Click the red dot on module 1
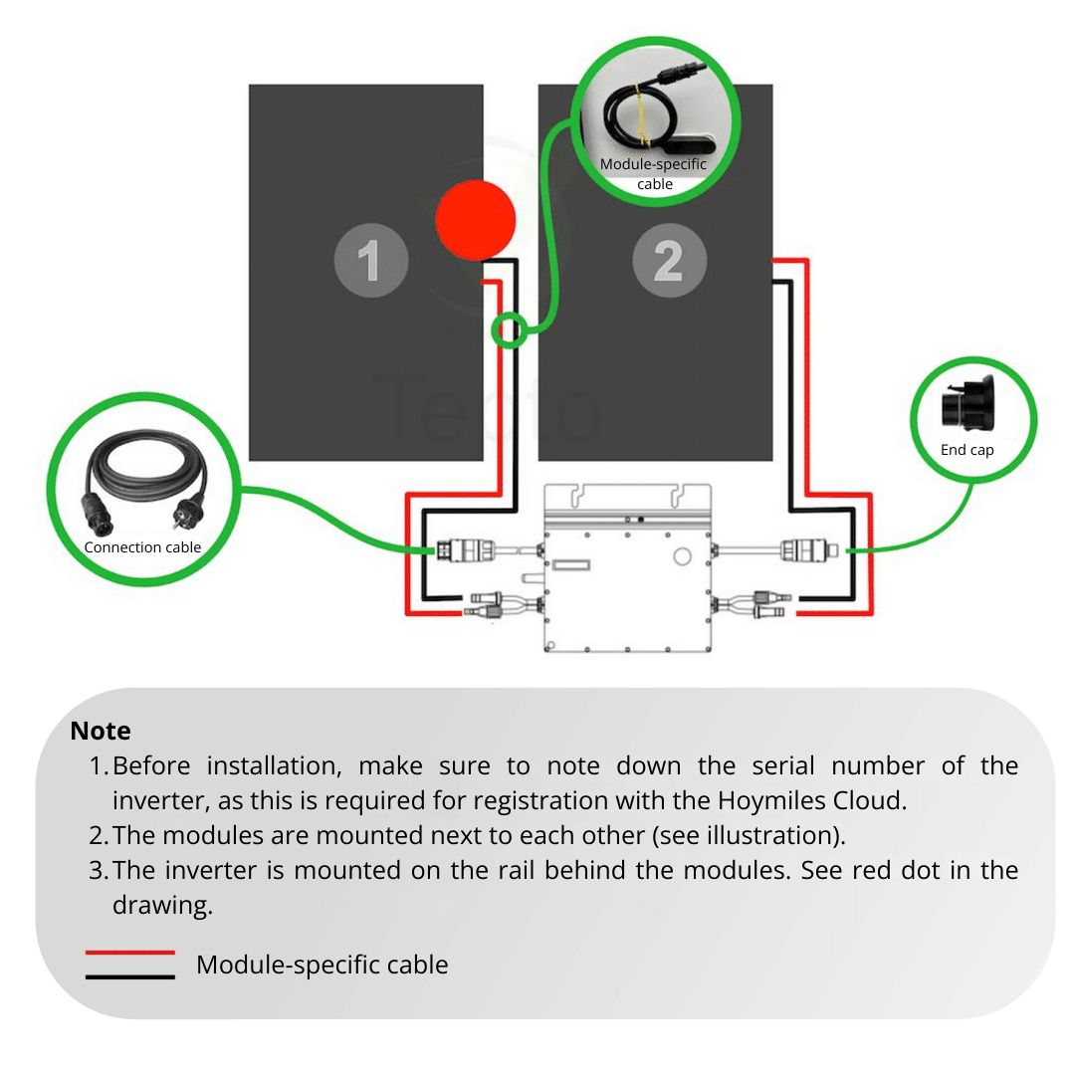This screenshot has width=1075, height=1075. click(476, 220)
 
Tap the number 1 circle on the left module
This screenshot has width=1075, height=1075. click(370, 262)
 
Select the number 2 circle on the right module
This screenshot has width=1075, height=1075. click(669, 262)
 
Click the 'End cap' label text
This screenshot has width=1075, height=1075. click(967, 450)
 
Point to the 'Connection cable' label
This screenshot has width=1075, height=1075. click(142, 547)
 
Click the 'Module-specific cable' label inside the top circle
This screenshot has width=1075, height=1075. click(654, 173)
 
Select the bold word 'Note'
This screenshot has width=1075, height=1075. click(101, 731)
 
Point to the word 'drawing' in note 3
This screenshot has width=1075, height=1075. click(159, 905)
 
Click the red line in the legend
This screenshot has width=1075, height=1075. click(130, 953)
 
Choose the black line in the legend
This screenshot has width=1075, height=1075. click(130, 976)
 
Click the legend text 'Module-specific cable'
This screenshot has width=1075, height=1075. click(322, 965)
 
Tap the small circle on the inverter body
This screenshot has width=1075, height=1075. click(682, 555)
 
